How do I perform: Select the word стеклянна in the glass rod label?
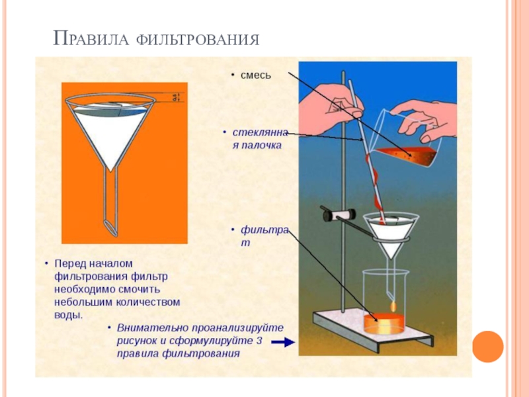261,132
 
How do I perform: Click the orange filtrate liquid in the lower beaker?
383,324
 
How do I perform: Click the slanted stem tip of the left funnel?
110,226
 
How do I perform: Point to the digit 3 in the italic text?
260,341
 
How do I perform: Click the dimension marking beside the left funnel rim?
174,98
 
